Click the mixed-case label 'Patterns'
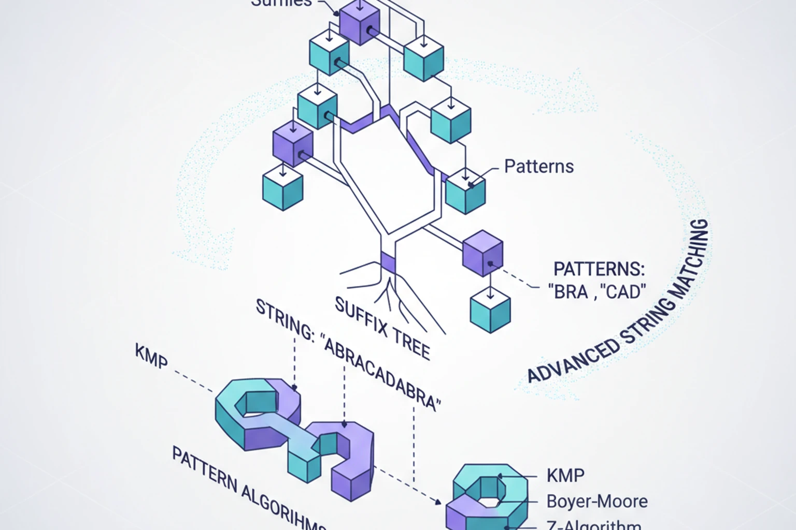[539, 166]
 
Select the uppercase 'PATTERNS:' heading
[599, 269]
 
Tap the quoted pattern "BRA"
[569, 292]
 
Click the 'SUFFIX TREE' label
[382, 329]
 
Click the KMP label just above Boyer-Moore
[565, 475]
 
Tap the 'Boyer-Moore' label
[597, 501]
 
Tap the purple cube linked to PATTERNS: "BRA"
[482, 253]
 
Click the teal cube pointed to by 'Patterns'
[465, 191]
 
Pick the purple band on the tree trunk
[388, 263]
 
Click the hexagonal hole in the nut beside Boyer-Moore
[487, 501]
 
